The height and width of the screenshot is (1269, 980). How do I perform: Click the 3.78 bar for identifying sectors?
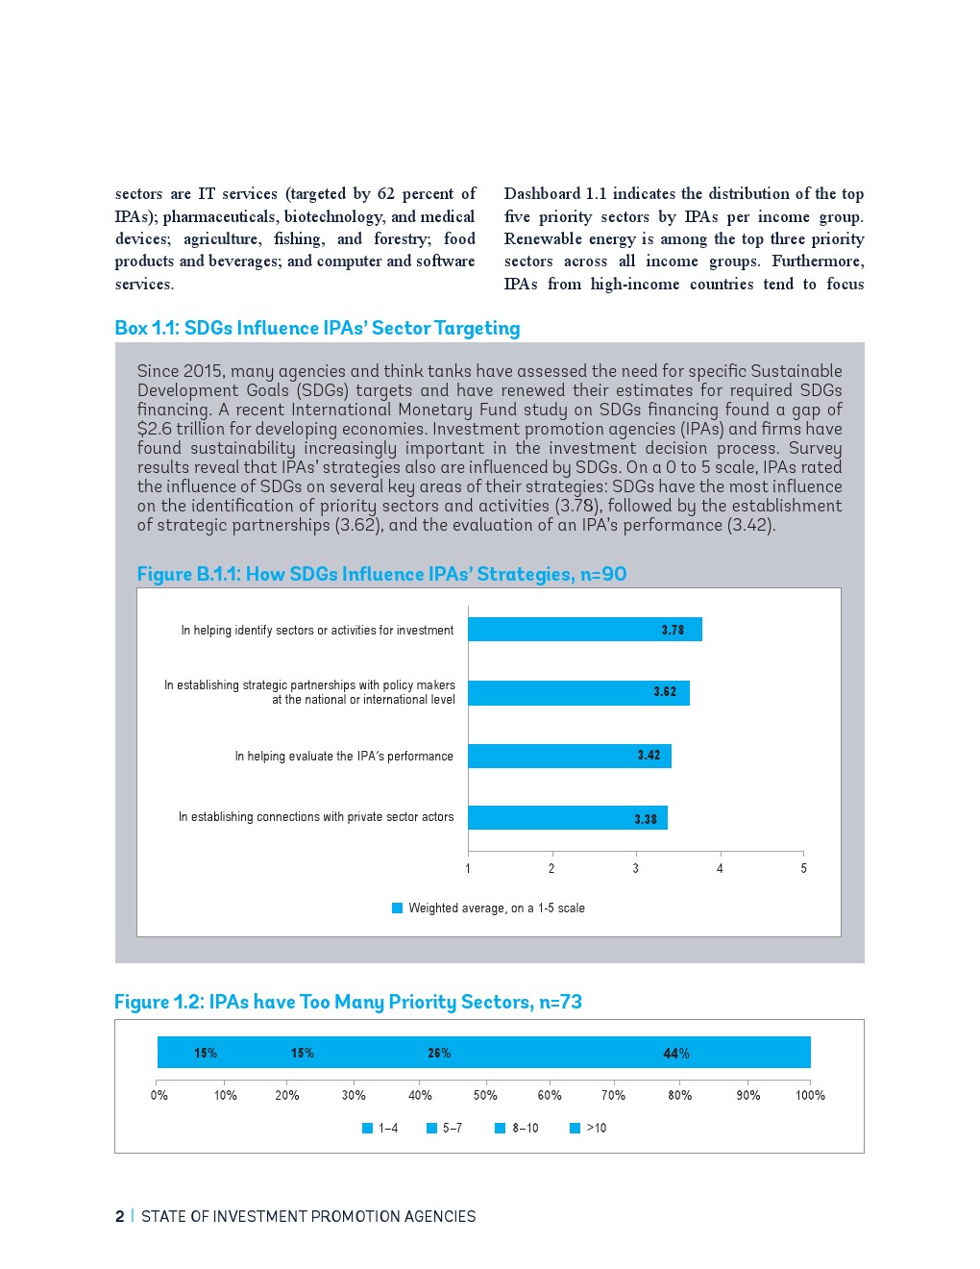(584, 630)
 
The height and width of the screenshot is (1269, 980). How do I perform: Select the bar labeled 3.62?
(578, 692)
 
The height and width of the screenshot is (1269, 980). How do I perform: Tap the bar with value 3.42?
(569, 756)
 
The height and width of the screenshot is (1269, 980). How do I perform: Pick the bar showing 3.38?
(567, 818)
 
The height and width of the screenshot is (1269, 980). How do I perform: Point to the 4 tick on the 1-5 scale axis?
(720, 868)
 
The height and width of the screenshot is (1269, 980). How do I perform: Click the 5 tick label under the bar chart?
(803, 868)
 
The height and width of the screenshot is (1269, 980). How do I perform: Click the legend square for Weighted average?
(398, 908)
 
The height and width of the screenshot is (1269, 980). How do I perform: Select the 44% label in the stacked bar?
(676, 1054)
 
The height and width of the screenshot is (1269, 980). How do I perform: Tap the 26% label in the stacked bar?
(439, 1054)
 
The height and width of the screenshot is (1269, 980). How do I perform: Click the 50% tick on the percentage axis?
(485, 1095)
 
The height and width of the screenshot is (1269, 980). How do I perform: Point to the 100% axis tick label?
(810, 1095)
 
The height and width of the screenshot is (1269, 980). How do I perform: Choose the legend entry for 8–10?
(517, 1128)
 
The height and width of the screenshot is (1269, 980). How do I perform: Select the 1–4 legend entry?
(380, 1128)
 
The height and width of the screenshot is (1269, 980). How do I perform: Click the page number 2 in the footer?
(120, 1216)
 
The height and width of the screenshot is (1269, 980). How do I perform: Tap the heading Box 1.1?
(317, 328)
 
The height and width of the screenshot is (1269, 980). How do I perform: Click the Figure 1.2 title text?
(348, 1002)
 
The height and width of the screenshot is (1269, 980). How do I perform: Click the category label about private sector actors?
(316, 817)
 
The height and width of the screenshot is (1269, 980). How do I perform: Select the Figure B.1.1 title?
(381, 574)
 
